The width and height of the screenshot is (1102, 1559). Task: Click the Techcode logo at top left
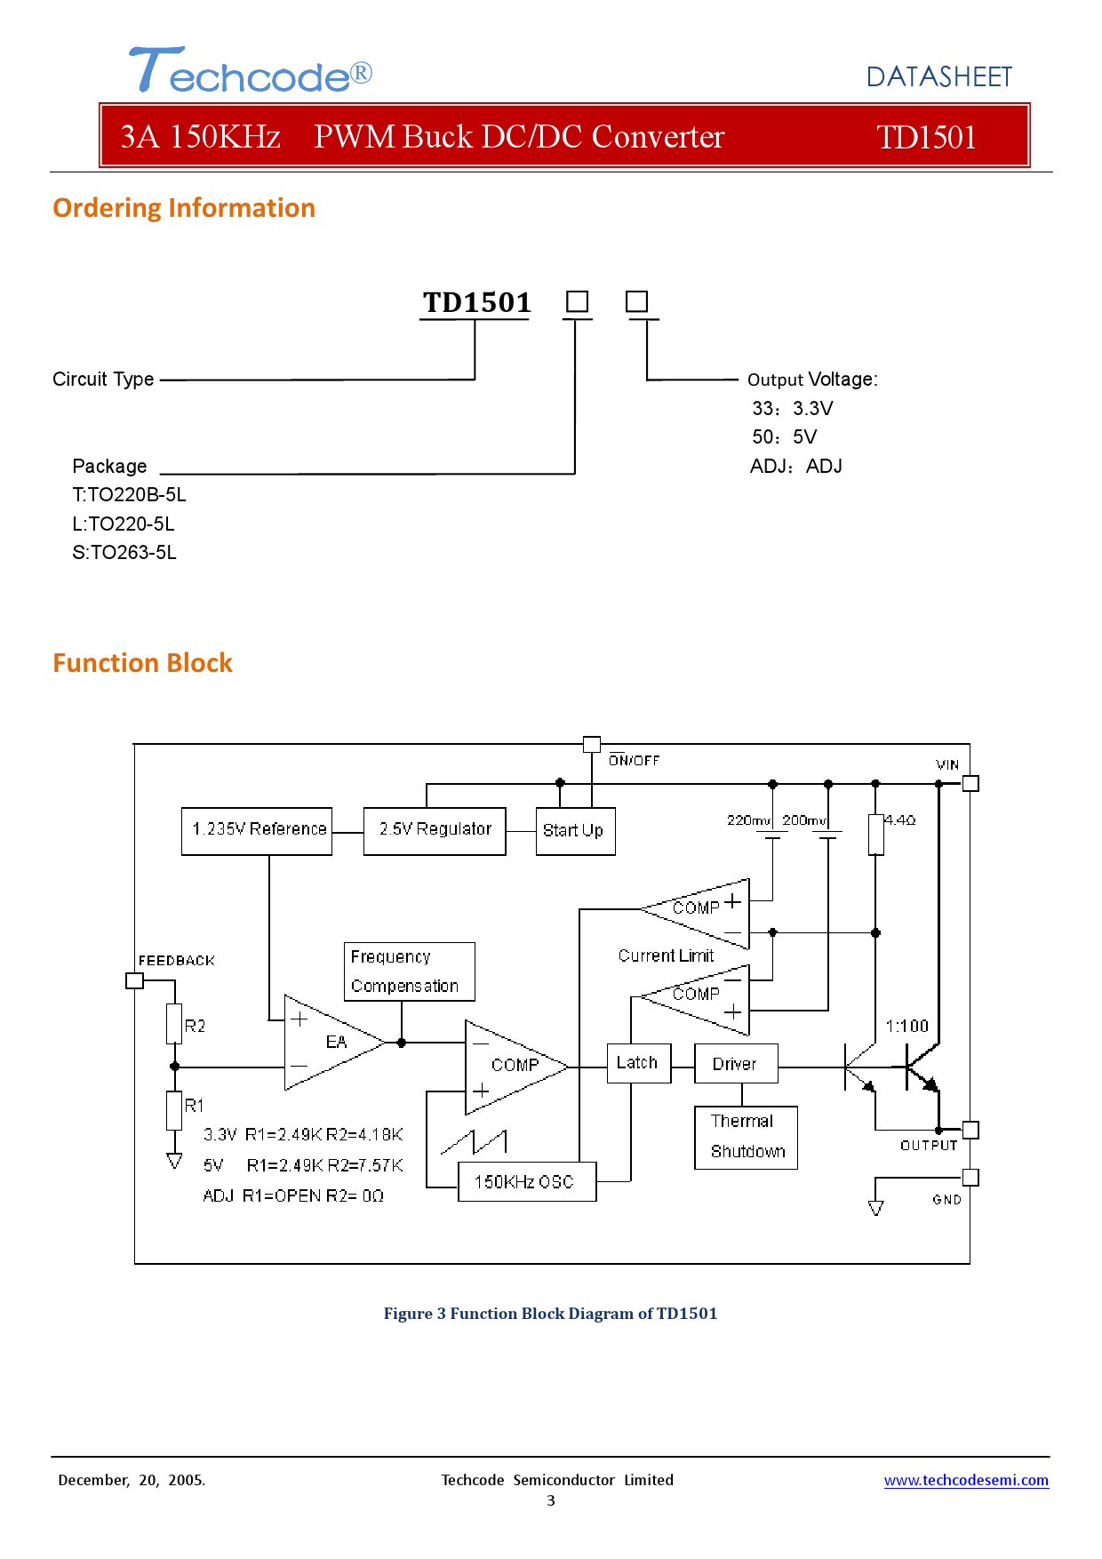pyautogui.click(x=250, y=71)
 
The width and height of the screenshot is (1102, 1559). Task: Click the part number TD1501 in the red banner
pyautogui.click(x=925, y=137)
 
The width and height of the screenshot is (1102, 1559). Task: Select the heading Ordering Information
pyautogui.click(x=184, y=208)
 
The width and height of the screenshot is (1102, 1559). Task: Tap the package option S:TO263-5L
pyautogui.click(x=124, y=553)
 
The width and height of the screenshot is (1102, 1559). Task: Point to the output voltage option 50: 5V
pyautogui.click(x=784, y=437)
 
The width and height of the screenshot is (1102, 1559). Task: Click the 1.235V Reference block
pyautogui.click(x=257, y=831)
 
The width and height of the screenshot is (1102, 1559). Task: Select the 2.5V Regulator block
pyautogui.click(x=435, y=831)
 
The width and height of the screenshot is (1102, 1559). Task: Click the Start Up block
pyautogui.click(x=575, y=831)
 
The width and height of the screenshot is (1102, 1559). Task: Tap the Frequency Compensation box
pyautogui.click(x=409, y=971)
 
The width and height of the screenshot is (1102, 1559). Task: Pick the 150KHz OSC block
pyautogui.click(x=526, y=1182)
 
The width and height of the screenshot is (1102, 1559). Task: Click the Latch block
pyautogui.click(x=638, y=1063)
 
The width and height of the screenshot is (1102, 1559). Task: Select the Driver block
pyautogui.click(x=736, y=1064)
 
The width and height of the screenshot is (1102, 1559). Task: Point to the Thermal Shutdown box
pyautogui.click(x=746, y=1137)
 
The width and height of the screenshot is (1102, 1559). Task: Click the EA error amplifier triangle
pyautogui.click(x=329, y=1042)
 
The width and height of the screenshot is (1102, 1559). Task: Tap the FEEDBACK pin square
pyautogui.click(x=135, y=980)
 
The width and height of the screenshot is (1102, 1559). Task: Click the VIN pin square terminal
pyautogui.click(x=970, y=783)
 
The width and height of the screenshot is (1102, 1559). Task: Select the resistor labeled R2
pyautogui.click(x=174, y=1024)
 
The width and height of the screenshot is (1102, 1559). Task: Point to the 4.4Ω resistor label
pyautogui.click(x=899, y=820)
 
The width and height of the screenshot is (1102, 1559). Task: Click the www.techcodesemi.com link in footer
pyautogui.click(x=965, y=1480)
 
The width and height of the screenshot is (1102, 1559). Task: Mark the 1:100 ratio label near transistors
pyautogui.click(x=906, y=1026)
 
